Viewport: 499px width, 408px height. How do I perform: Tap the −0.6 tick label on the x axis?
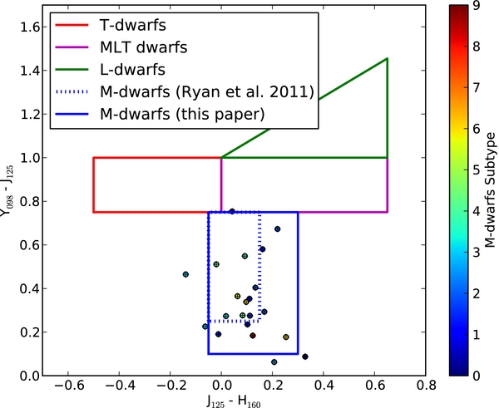65,387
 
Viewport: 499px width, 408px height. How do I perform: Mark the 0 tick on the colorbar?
472,376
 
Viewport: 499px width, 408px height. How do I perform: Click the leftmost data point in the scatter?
185,274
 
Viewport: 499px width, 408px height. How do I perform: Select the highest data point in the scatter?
232,211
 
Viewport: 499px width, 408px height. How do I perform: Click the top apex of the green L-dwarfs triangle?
388,58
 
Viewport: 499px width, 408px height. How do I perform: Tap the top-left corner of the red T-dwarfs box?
93,158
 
